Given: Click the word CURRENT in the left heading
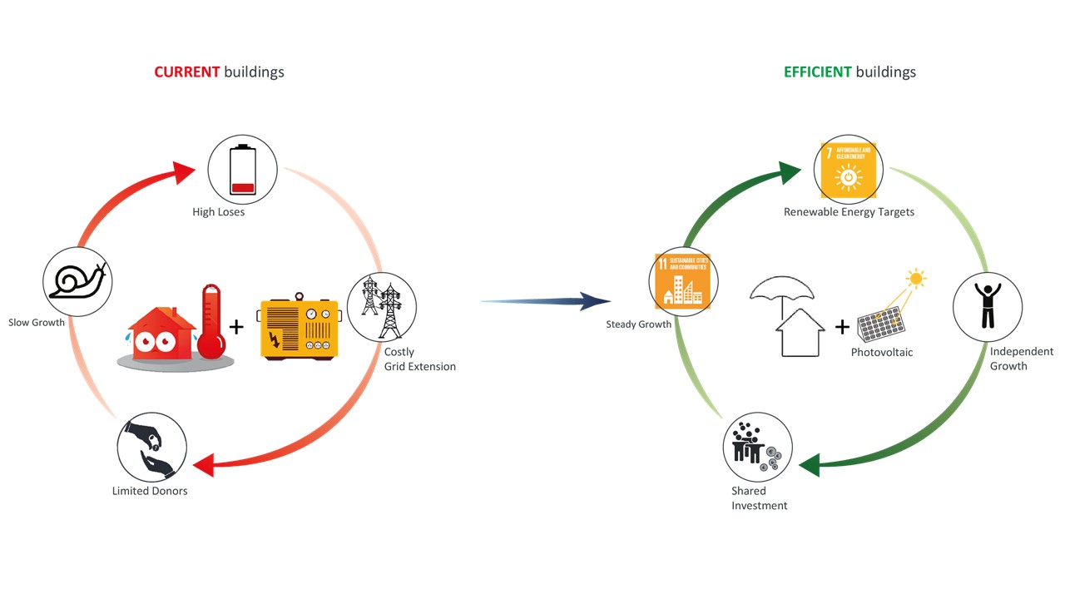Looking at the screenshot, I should [186, 72].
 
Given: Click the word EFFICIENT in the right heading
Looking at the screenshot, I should [817, 72].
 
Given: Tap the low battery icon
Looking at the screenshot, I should [241, 170].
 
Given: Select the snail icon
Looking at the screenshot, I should [77, 281].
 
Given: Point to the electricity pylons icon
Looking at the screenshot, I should [380, 306].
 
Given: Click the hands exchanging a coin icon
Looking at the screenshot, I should [151, 447].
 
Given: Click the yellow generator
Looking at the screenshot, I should [299, 329].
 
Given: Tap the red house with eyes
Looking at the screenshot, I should [161, 334].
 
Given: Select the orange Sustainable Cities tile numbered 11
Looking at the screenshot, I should [682, 281].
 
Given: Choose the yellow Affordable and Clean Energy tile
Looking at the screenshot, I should [848, 170].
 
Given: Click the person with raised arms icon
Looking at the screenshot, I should [988, 306].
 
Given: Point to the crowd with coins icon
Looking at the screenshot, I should [755, 448].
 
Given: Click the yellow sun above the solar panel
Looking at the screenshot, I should [915, 278].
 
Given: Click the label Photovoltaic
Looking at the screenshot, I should [881, 353].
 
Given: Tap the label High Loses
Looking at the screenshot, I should [219, 212].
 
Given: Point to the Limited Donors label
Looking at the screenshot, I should [150, 491].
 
